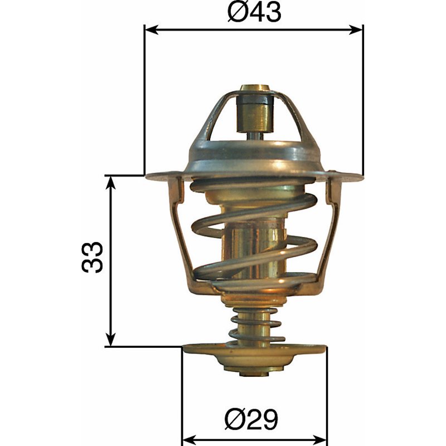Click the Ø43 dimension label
[254, 12]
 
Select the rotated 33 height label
[93, 258]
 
